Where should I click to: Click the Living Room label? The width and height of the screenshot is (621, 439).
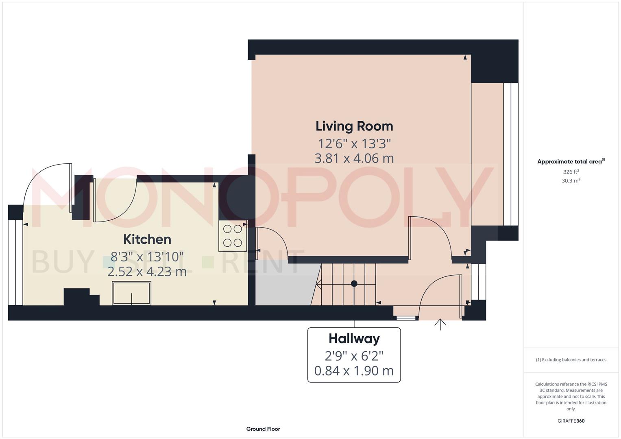tap(354, 126)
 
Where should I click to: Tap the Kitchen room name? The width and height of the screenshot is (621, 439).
tap(147, 239)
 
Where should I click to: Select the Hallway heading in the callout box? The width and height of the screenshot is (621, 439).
tap(354, 339)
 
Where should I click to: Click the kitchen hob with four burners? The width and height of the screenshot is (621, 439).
tap(233, 236)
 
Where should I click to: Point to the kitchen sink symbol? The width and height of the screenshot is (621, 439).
tap(131, 293)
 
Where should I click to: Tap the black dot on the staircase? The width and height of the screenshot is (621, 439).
tap(354, 283)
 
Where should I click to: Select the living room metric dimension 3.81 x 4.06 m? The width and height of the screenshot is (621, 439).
tap(354, 158)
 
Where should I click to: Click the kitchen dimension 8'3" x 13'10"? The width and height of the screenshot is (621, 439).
tap(147, 256)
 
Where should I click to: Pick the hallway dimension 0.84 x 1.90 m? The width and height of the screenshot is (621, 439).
tap(354, 371)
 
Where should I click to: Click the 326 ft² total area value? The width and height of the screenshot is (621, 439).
tap(571, 172)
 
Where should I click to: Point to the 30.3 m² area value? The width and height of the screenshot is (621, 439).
tap(571, 181)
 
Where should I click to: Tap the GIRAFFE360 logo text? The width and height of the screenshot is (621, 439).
tap(571, 421)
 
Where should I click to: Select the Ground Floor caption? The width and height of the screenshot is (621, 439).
tap(263, 429)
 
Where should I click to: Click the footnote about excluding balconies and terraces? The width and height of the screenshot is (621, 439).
tap(571, 360)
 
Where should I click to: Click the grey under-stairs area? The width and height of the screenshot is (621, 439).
tap(285, 285)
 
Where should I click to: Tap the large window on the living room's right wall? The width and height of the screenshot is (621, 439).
tap(510, 154)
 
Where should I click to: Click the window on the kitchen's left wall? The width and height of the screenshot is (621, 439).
tap(15, 262)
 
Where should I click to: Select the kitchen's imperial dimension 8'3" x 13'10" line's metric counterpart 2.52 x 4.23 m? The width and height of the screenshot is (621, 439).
tap(147, 272)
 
